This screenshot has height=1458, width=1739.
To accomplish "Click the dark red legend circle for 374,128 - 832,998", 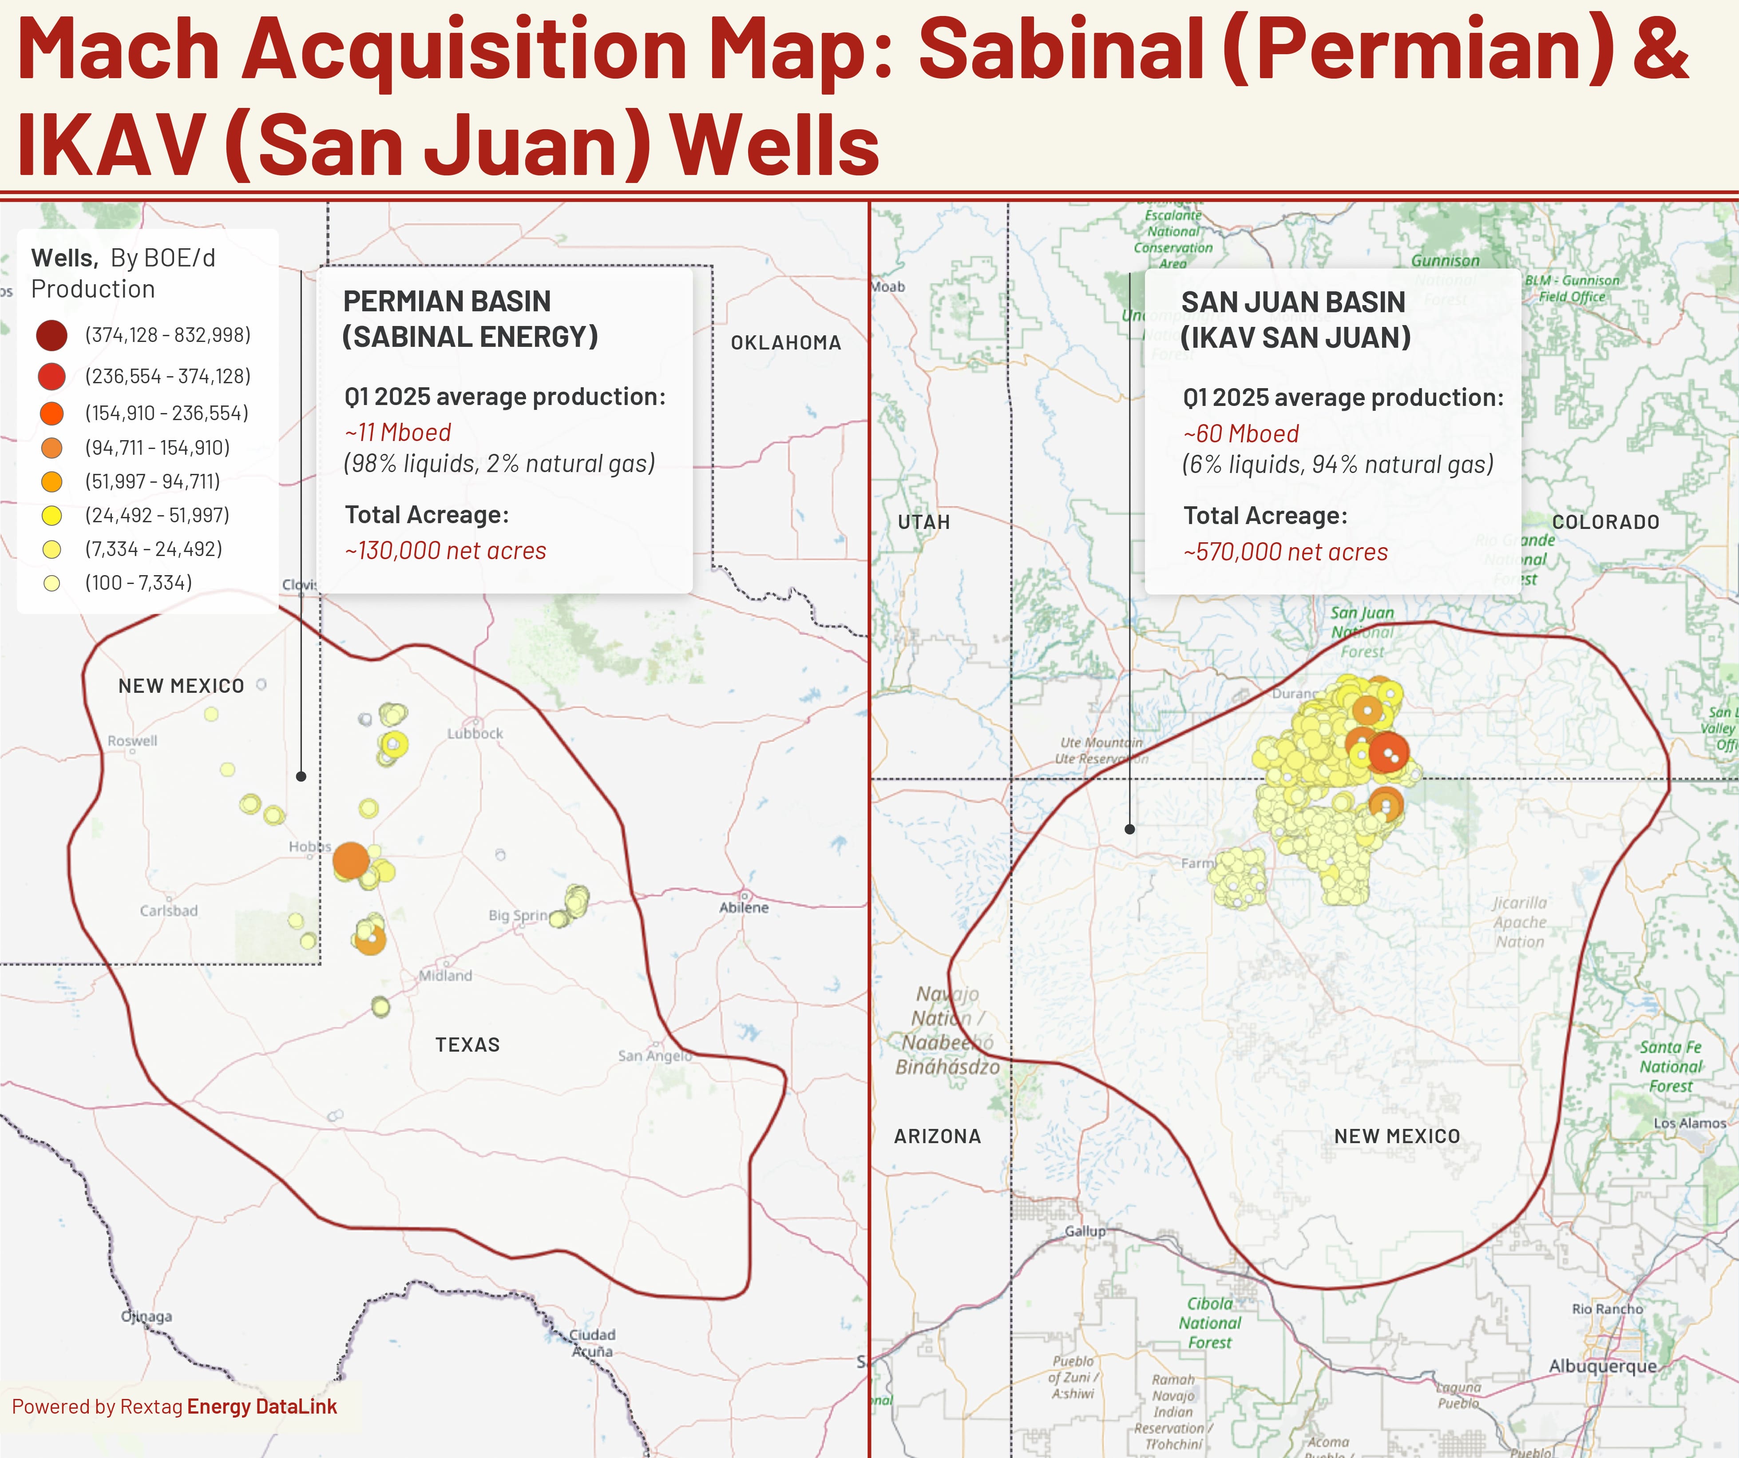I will pyautogui.click(x=51, y=335).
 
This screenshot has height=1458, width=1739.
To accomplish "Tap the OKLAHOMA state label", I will pyautogui.click(x=785, y=342).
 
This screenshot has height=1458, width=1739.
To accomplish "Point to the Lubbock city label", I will pyautogui.click(x=475, y=733).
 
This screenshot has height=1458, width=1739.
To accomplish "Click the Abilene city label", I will pyautogui.click(x=744, y=907).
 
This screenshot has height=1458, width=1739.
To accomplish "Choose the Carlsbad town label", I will pyautogui.click(x=169, y=910).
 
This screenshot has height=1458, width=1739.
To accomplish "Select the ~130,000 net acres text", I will pyautogui.click(x=445, y=551).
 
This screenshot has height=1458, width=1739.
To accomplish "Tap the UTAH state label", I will pyautogui.click(x=923, y=522).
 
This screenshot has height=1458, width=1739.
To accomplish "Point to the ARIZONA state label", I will pyautogui.click(x=937, y=1136).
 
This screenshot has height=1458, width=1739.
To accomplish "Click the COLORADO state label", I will pyautogui.click(x=1605, y=522).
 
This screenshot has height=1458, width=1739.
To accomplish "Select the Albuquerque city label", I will pyautogui.click(x=1602, y=1365).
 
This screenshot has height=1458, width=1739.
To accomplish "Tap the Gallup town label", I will pyautogui.click(x=1085, y=1231).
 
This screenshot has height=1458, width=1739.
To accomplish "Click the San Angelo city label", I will pyautogui.click(x=654, y=1055).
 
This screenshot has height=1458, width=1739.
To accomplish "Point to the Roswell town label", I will pyautogui.click(x=132, y=741).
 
